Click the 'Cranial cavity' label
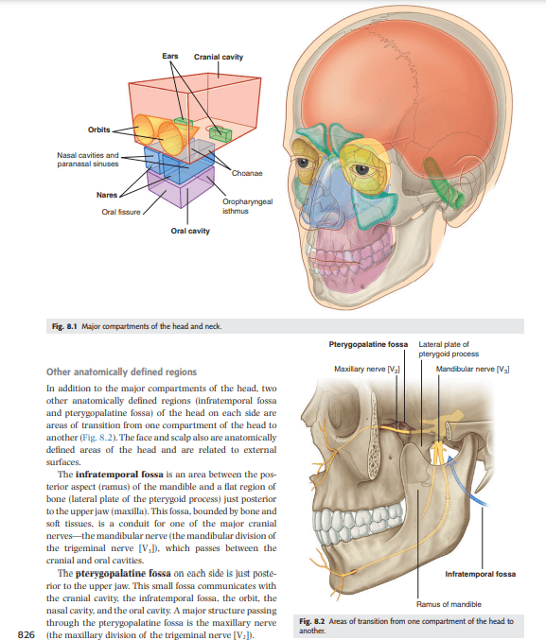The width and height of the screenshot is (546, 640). (x=219, y=57)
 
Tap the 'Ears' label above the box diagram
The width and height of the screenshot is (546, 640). (x=170, y=56)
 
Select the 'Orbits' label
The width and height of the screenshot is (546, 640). (x=99, y=130)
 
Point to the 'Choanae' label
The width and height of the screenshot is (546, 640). (x=247, y=173)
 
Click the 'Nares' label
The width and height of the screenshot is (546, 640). (x=107, y=195)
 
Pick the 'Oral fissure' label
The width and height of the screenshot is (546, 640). (x=121, y=212)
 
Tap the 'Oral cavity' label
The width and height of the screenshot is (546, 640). (x=190, y=231)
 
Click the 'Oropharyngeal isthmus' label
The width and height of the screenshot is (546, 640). (x=247, y=206)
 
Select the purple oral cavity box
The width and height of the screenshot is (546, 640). (x=181, y=187)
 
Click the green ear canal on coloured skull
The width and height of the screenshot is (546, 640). (x=444, y=182)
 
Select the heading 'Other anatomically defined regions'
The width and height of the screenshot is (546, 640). (x=121, y=372)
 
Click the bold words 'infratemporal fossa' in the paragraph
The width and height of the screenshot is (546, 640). (x=119, y=475)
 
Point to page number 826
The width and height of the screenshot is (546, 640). (x=26, y=634)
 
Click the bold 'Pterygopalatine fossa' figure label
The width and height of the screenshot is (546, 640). (x=368, y=344)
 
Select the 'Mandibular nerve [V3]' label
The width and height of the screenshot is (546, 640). (x=472, y=369)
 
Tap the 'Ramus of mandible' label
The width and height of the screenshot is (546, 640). (x=449, y=604)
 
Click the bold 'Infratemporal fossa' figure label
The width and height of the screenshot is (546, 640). (x=480, y=574)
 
